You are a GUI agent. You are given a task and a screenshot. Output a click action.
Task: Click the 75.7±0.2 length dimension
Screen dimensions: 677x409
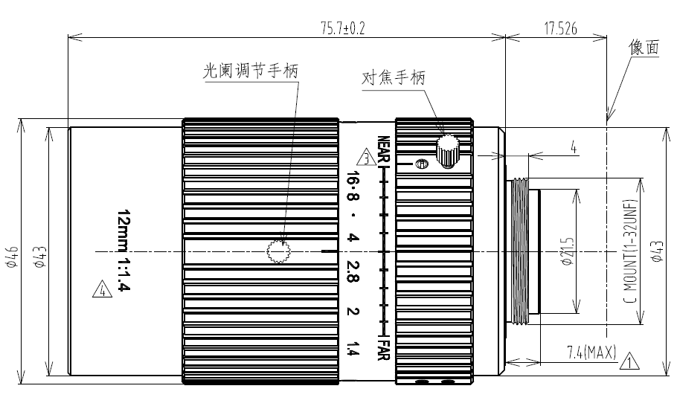point(343,28)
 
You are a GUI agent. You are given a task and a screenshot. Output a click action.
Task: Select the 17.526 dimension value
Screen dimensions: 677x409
point(560,28)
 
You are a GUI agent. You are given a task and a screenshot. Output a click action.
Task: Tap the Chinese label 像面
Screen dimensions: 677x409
point(644,47)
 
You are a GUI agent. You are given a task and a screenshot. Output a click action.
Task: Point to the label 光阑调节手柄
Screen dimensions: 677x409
point(251,71)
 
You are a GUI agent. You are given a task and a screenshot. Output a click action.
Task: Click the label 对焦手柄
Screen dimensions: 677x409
point(394,78)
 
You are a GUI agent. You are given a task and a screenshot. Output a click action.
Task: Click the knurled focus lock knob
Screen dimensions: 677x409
point(447,152)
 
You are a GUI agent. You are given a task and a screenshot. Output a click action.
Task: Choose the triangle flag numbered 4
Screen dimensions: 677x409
point(103,289)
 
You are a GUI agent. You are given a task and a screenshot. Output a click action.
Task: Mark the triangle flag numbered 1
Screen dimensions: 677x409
point(629,361)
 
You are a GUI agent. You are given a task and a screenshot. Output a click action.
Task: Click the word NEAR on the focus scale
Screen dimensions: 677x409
point(383,150)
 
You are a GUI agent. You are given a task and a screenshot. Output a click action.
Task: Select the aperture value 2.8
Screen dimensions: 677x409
point(353,271)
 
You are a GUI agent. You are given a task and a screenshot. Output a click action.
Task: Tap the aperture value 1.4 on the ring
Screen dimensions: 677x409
point(353,349)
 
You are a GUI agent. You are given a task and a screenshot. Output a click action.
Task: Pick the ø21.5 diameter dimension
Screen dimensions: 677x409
point(568,251)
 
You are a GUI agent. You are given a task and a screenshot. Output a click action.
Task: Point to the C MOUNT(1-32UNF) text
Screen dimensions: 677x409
point(631,251)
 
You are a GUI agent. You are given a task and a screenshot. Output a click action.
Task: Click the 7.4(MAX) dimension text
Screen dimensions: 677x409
point(591,353)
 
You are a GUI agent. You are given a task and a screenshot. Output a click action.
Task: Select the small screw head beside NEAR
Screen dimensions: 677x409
point(421,164)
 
